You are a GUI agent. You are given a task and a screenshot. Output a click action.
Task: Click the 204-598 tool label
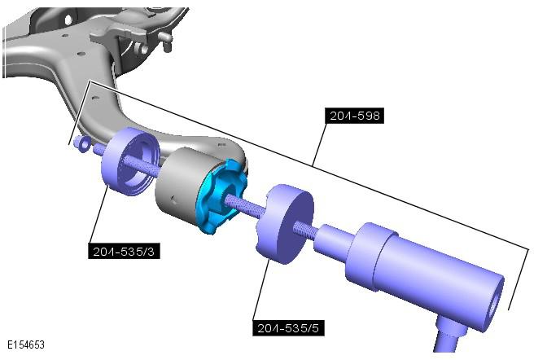click(x=354, y=116)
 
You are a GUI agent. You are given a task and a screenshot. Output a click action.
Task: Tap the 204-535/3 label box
click(x=124, y=251)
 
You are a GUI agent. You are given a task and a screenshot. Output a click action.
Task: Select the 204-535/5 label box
click(x=288, y=328)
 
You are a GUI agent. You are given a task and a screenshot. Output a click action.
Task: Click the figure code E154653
click(x=26, y=345)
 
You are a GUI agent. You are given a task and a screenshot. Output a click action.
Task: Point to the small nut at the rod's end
click(x=82, y=143)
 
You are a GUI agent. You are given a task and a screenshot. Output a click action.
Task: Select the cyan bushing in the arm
click(x=221, y=195)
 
